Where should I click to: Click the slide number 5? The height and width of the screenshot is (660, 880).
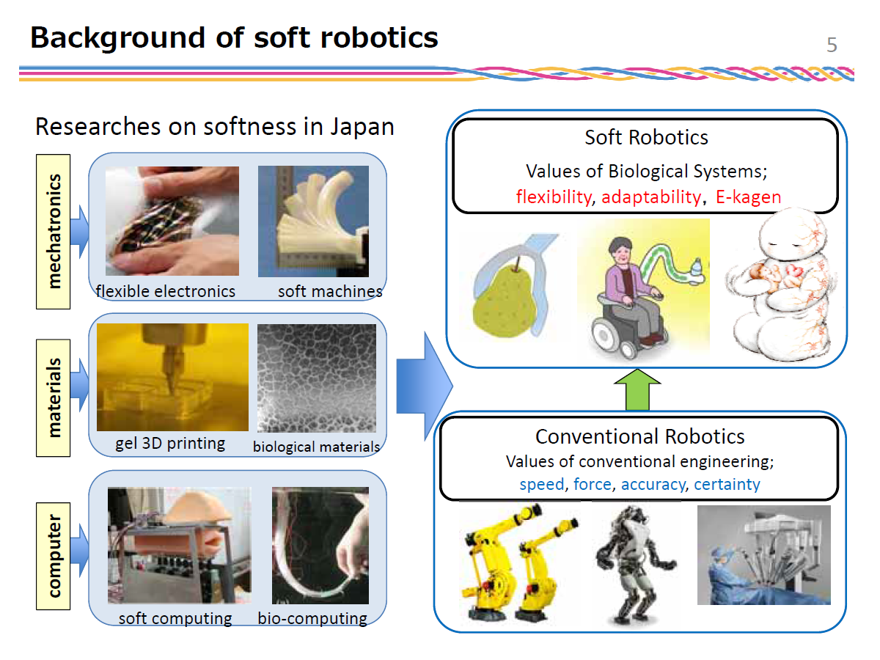pyautogui.click(x=831, y=45)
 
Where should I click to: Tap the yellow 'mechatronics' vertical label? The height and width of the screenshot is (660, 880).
pyautogui.click(x=53, y=231)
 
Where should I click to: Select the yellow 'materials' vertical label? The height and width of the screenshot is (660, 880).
pyautogui.click(x=53, y=397)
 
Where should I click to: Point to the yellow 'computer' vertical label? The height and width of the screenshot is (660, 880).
pyautogui.click(x=53, y=556)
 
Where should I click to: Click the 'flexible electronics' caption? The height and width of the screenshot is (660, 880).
pyautogui.click(x=166, y=291)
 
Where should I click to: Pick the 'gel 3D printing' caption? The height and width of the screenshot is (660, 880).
pyautogui.click(x=170, y=444)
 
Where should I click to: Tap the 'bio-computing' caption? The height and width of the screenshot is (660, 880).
pyautogui.click(x=312, y=618)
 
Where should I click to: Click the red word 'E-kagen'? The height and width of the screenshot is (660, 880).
pyautogui.click(x=748, y=197)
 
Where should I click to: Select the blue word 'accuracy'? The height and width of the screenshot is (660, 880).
pyautogui.click(x=653, y=485)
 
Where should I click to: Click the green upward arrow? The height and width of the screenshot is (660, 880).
pyautogui.click(x=637, y=389)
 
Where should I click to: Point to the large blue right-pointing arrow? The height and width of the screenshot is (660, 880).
pyautogui.click(x=425, y=386)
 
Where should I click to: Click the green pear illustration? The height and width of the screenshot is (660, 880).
pyautogui.click(x=505, y=298)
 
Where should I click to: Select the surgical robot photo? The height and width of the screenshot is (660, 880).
pyautogui.click(x=763, y=555)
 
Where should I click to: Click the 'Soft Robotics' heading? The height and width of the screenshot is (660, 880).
pyautogui.click(x=646, y=137)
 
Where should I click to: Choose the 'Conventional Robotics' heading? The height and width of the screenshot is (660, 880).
pyautogui.click(x=640, y=436)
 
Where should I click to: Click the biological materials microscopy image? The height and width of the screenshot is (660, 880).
pyautogui.click(x=316, y=378)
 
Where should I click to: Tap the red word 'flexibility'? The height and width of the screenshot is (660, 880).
pyautogui.click(x=554, y=197)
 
